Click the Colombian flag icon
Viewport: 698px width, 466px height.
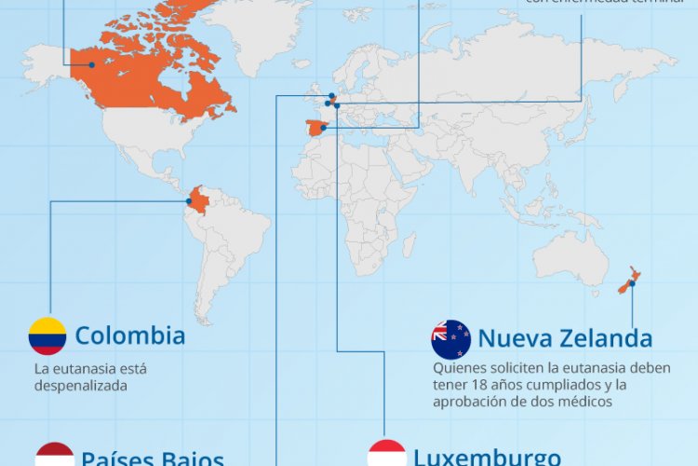47,336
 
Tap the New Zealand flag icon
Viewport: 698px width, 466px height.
451,339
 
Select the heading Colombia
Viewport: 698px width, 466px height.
130,336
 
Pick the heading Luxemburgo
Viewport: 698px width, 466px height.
487,458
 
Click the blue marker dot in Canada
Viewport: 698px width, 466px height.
92,64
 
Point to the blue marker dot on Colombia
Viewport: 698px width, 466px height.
190,200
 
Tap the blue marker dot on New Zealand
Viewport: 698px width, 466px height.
632,282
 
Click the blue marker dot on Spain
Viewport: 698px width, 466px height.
323,128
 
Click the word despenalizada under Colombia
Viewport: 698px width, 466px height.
80,384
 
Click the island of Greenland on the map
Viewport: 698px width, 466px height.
261,33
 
